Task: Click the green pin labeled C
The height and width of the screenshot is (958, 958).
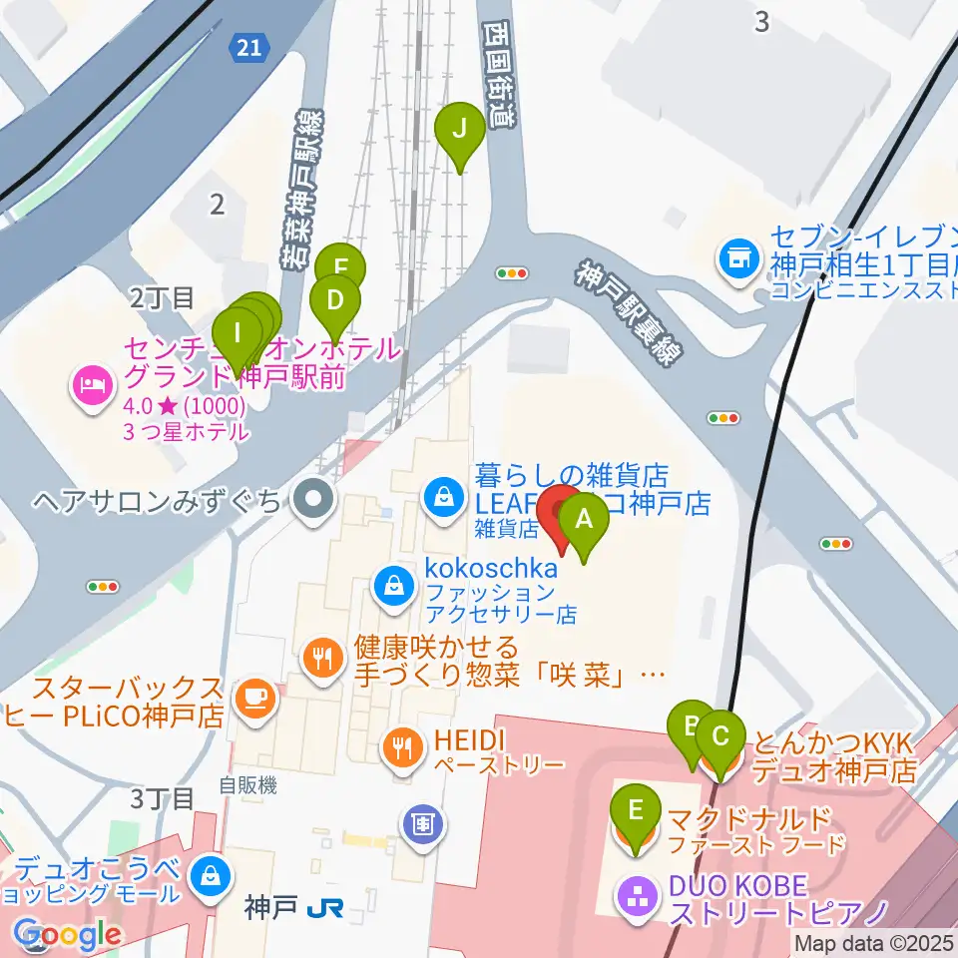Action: (719, 739)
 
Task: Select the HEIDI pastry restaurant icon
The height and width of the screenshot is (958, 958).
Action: (403, 746)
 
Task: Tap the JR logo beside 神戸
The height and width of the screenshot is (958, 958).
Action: (322, 909)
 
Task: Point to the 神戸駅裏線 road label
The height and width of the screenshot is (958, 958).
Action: (624, 315)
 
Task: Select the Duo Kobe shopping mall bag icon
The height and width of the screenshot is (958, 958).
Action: (211, 876)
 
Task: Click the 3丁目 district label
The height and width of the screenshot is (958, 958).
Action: (162, 797)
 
